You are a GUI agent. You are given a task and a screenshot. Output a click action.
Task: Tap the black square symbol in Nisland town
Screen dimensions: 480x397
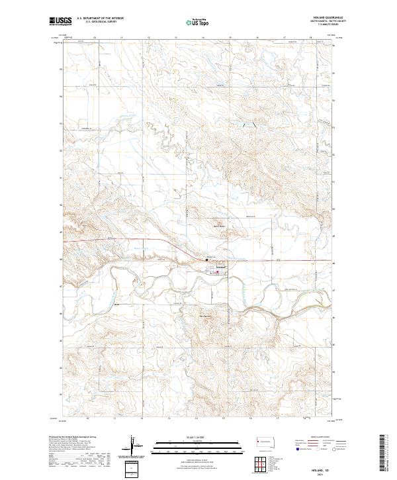point(206,261)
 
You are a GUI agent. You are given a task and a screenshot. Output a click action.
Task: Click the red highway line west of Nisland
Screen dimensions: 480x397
point(132,240)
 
